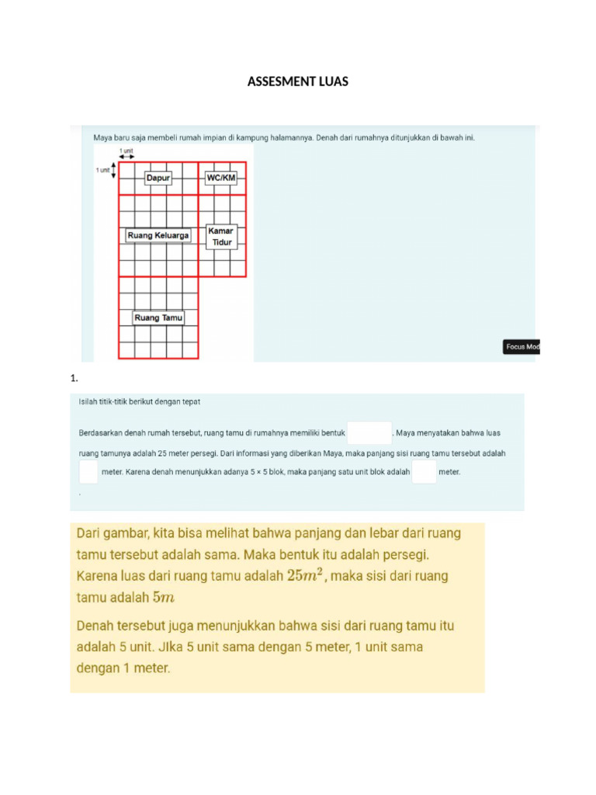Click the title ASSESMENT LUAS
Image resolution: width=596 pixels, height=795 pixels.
coord(297,82)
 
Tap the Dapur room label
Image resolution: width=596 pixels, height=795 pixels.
coord(158,178)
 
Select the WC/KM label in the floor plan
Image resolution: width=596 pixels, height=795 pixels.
coord(220,178)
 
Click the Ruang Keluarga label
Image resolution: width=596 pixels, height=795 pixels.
coord(158,235)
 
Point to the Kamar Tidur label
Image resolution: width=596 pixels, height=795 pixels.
coord(221,237)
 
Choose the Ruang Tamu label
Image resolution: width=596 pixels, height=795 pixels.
coord(158,318)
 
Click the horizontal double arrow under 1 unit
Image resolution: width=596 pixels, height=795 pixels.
coord(126,157)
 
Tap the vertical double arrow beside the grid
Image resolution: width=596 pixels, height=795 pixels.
coord(114,170)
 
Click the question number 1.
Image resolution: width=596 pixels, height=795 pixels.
coord(74,379)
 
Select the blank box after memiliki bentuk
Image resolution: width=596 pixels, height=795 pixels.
coord(369,432)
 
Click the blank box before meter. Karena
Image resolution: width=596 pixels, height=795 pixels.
coord(88,471)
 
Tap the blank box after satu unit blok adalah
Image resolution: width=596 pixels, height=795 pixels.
coord(424,471)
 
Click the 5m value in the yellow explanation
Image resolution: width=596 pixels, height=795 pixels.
coord(164,597)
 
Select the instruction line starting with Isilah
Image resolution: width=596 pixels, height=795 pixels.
coord(140,401)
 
